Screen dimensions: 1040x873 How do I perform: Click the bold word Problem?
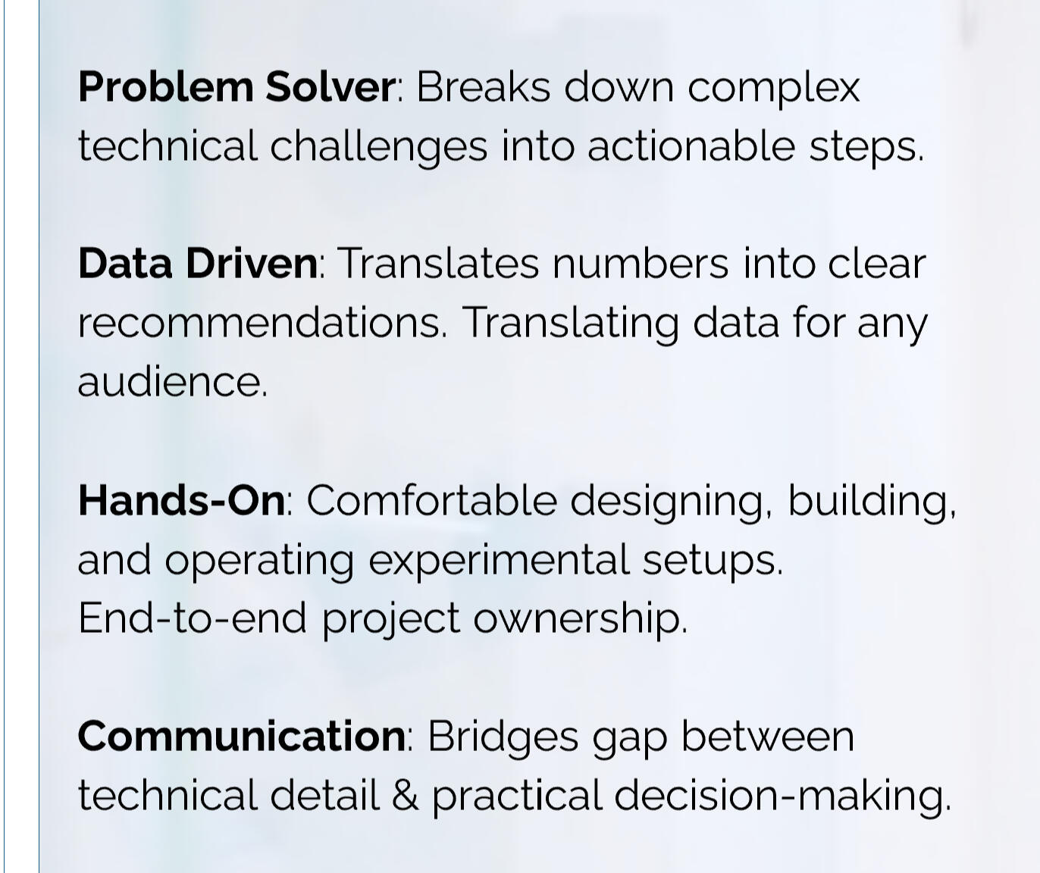166,87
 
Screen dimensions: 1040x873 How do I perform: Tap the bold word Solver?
330,87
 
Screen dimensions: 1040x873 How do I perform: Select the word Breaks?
483,87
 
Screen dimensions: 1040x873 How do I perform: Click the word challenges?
378,147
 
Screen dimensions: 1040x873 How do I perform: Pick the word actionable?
691,145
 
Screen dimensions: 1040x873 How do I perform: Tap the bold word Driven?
252,264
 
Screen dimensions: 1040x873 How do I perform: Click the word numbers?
641,264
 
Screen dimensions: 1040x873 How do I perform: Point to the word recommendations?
260,322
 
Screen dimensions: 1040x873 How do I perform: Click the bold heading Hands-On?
182,500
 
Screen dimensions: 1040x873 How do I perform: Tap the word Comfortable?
432,500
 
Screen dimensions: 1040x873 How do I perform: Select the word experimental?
499,562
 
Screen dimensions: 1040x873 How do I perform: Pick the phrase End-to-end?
193,618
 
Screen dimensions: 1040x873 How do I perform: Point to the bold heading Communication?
242,737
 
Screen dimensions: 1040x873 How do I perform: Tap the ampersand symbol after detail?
406,795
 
